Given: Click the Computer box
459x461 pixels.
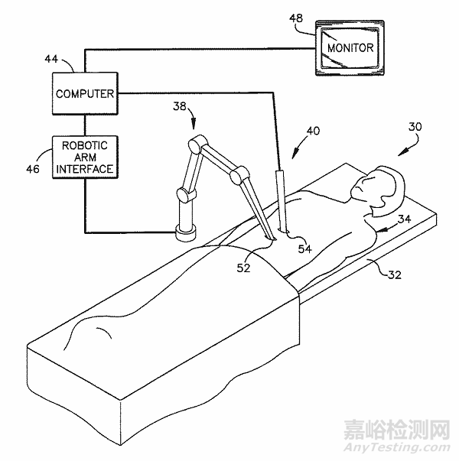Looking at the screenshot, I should [85, 93].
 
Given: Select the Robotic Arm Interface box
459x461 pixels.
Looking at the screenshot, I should [85, 157].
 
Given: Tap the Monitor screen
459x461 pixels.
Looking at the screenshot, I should [350, 48].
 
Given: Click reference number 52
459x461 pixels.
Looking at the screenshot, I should [244, 267].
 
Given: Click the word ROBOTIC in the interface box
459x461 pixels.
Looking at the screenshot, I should [85, 145].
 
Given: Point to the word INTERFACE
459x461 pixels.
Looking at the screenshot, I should [85, 168].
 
